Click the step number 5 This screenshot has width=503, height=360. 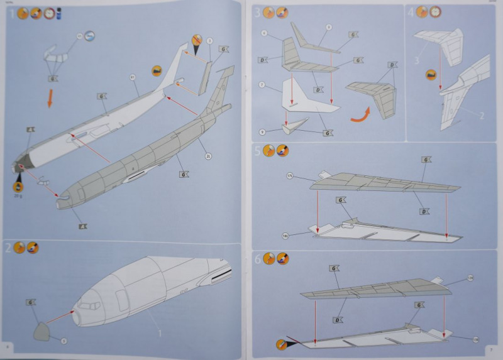258,150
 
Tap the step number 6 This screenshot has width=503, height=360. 258,258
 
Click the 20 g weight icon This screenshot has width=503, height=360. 18,185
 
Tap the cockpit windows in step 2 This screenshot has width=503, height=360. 89,305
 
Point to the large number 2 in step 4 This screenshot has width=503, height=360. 481,116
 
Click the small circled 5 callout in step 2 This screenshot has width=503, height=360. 63,341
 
